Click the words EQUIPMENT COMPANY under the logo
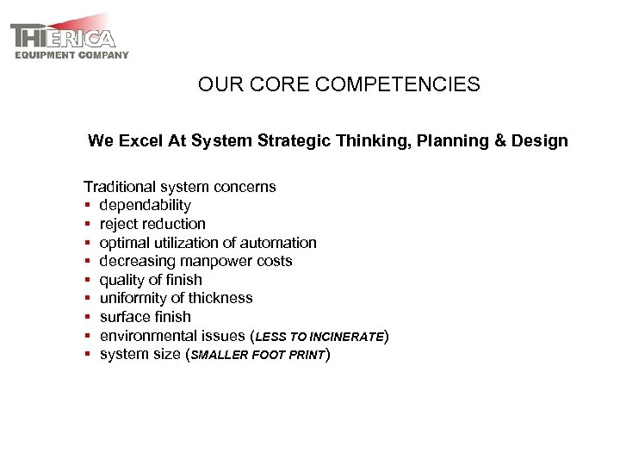tap(72, 55)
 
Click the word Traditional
tap(121, 187)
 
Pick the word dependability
tap(145, 206)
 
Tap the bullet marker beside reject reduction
tap(88, 225)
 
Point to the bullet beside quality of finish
tap(88, 281)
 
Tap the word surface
tap(125, 318)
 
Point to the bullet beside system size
tap(88, 355)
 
